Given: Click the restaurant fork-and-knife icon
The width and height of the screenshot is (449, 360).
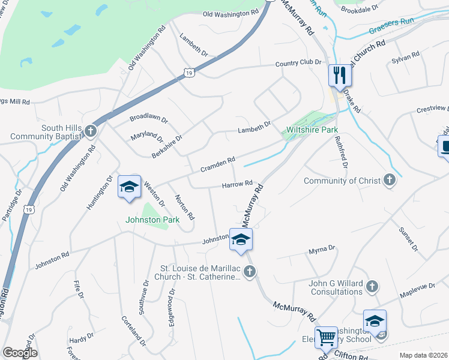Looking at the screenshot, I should tap(339, 75).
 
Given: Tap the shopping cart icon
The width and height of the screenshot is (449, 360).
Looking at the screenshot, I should tap(326, 337).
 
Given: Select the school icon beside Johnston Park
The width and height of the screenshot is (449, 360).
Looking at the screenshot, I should tap(129, 187).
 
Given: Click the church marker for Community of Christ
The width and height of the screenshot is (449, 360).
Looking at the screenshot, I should tap(389, 181).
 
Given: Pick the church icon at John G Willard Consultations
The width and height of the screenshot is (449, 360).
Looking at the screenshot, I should tap(372, 287).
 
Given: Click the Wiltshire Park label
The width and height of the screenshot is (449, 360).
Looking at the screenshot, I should tap(312, 130).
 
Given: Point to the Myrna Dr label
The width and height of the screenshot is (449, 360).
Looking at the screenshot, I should tap(322, 248).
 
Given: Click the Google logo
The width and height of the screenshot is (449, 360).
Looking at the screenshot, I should tap(20, 353).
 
